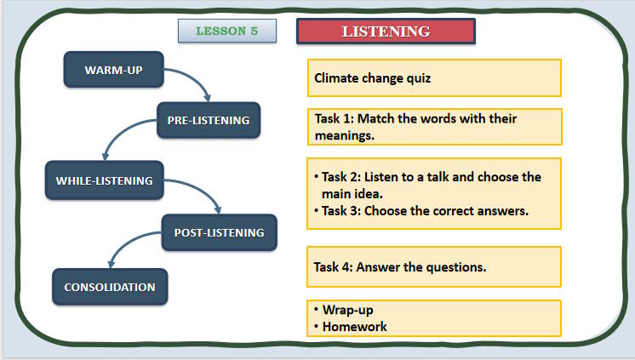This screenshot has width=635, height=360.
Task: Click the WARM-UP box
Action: [x=113, y=70]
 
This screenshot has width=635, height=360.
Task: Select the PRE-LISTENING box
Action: [x=208, y=121]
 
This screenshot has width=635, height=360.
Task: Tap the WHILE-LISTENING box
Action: [x=104, y=180]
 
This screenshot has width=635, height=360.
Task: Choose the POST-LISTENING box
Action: [x=219, y=231]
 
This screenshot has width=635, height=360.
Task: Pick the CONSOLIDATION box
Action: [x=110, y=287]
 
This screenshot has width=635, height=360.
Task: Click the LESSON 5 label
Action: [x=227, y=31]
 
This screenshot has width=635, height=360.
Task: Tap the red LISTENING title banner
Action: [x=386, y=31]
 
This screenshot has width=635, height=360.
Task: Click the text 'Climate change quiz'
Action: [x=373, y=78]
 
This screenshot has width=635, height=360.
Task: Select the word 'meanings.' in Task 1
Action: [x=345, y=134]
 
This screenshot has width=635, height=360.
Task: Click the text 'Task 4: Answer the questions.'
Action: [x=400, y=267]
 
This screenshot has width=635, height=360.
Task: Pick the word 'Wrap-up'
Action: [x=348, y=310]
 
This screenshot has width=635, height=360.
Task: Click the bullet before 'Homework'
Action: [x=315, y=326]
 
